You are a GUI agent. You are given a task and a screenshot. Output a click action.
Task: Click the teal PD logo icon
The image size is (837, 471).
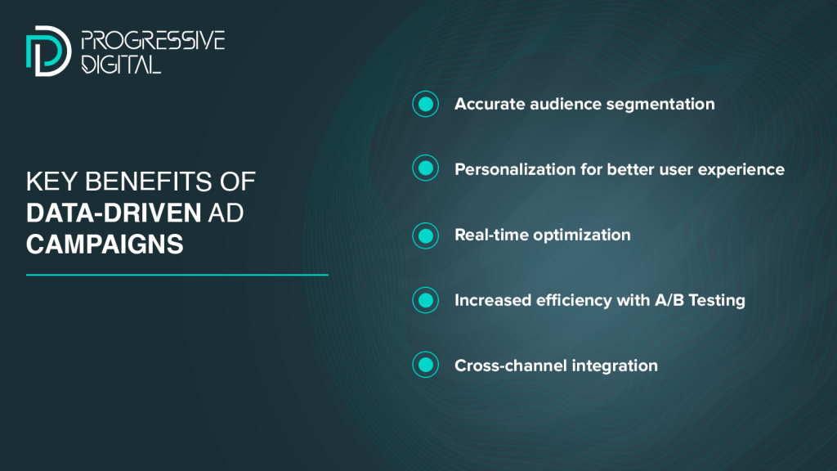(48, 51)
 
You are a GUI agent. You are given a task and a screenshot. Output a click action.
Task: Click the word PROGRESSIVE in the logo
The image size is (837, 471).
(153, 41)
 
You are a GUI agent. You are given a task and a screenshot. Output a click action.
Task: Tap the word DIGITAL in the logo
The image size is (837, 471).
(121, 64)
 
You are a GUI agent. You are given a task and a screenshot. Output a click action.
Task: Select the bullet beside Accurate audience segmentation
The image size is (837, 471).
(425, 104)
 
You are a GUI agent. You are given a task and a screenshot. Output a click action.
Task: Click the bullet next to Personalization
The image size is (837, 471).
(425, 168)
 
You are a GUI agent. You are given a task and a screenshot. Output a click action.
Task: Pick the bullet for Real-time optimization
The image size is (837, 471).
(425, 235)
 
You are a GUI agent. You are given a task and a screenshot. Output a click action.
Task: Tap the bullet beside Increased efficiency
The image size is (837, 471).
(425, 300)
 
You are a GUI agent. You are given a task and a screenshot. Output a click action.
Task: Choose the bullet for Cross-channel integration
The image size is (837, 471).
(425, 365)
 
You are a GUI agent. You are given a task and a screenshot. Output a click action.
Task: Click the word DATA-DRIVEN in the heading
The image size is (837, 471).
(114, 213)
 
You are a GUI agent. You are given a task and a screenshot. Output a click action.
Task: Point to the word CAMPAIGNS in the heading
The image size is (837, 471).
(105, 244)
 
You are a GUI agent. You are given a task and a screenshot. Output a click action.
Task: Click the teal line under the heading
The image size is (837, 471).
(177, 275)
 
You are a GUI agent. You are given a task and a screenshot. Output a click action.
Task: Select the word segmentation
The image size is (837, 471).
(660, 105)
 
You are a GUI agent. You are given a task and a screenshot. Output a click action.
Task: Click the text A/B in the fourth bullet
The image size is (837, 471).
(669, 300)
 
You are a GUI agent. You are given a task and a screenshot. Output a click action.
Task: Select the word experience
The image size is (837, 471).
(741, 170)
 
